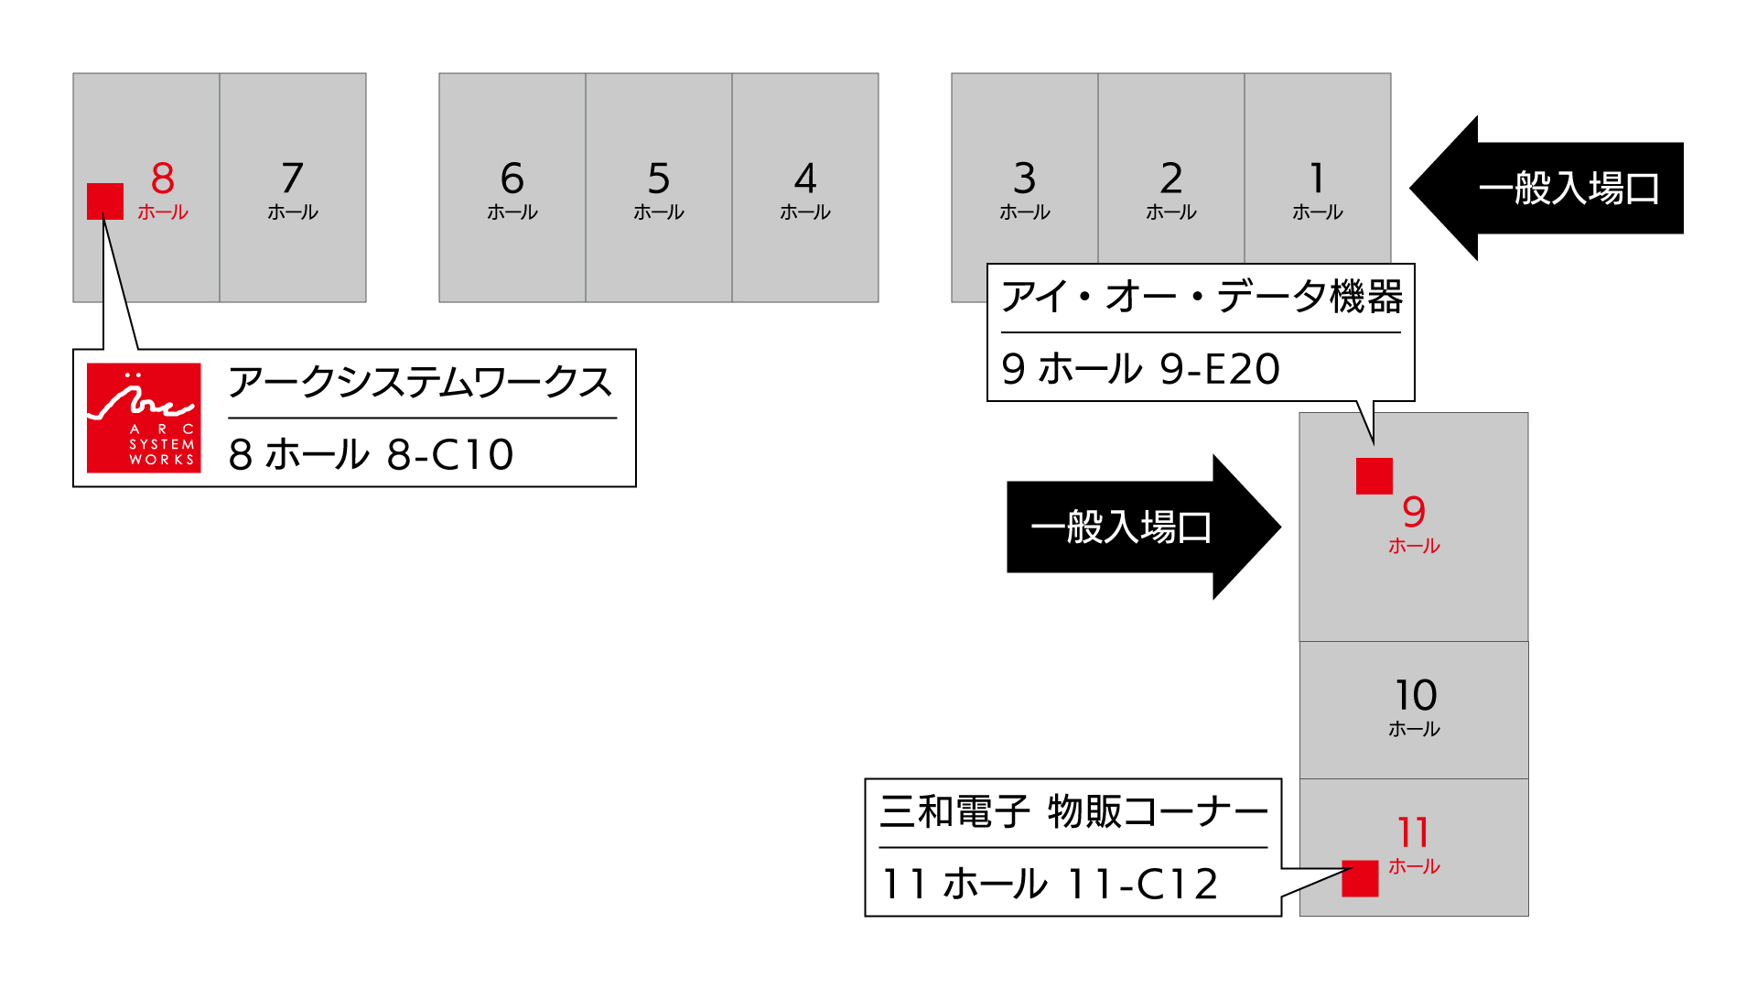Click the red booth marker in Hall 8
[x=105, y=201]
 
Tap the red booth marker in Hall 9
[x=1374, y=476]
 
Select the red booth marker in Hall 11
[x=1360, y=878]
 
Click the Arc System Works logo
[x=144, y=418]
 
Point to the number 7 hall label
[x=293, y=179]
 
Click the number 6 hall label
[x=512, y=179]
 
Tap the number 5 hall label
[x=659, y=179]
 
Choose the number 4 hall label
[x=805, y=179]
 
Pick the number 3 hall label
[x=1025, y=179]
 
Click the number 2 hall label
[x=1171, y=179]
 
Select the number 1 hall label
[x=1317, y=179]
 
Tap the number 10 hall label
[x=1415, y=696]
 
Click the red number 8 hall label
[x=163, y=179]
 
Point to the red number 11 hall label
[x=1414, y=833]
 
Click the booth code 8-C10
[x=450, y=455]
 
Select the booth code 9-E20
[x=1220, y=369]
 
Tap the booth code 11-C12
[x=1143, y=885]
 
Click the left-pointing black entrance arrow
[x=1547, y=188]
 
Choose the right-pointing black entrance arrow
[x=1144, y=527]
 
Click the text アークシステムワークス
[x=420, y=383]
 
